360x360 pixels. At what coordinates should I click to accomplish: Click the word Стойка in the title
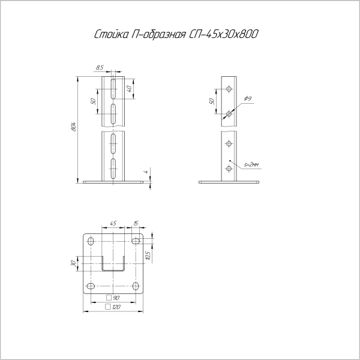pos(112,34)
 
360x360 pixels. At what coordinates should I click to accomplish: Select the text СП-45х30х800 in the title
pos(223,34)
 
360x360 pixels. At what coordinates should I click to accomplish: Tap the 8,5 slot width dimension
pos(100,67)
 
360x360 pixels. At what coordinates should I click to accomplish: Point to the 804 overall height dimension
pos(74,127)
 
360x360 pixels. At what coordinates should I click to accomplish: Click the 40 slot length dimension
pos(129,89)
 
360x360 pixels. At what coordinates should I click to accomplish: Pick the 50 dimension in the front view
pos(93,101)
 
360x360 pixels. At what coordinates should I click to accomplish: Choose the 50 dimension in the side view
pos(212,101)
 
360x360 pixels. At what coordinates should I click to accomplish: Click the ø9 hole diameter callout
pos(248,99)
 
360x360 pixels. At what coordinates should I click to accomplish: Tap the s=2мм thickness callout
pos(251,164)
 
